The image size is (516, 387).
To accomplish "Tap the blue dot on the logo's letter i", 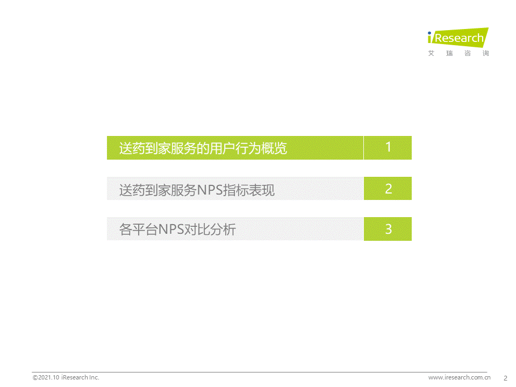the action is pos(429,33).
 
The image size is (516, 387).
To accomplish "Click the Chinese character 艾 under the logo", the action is pos(431,53).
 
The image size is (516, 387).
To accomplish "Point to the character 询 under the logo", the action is pos(486,53).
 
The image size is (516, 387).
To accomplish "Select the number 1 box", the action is pos(388,148).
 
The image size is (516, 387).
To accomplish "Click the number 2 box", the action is pos(388,189).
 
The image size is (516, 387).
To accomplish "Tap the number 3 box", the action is pos(388,229).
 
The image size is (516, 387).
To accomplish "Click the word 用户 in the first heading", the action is pos(222,148).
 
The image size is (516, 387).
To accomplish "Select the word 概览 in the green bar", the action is pos(274,148).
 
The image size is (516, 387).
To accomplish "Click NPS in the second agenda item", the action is pos(210,190).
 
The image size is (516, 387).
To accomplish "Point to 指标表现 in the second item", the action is pos(249,190).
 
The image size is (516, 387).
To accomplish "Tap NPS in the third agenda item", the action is pos(171,230).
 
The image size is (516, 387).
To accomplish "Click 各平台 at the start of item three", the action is pos(138,230).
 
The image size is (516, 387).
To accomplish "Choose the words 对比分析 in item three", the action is pos(210,230).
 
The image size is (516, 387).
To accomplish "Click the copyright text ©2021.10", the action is pos(46,377).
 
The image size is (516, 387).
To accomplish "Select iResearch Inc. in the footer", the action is pos(80,377).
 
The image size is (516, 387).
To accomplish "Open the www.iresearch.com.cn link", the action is pos(460,377).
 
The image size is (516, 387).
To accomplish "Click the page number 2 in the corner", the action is pos(505,378).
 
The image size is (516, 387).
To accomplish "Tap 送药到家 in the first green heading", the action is pos(145,148).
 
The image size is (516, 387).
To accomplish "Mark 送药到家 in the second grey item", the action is pos(145,190).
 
